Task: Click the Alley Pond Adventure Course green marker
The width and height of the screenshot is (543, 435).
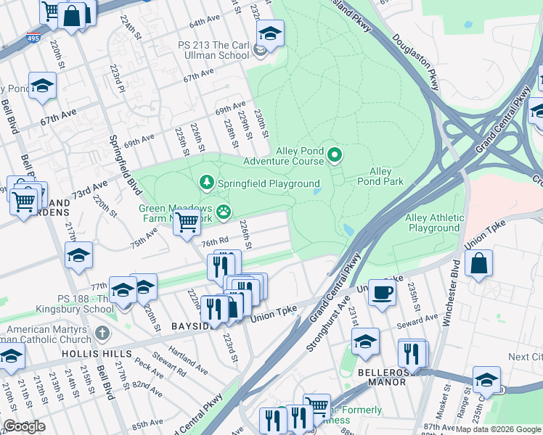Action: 335,154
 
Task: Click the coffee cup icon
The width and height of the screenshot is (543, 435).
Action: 382,292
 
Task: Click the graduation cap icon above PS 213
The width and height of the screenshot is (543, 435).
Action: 270,33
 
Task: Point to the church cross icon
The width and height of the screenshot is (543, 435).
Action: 102,334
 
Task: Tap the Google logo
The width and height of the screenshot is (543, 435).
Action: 24,426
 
